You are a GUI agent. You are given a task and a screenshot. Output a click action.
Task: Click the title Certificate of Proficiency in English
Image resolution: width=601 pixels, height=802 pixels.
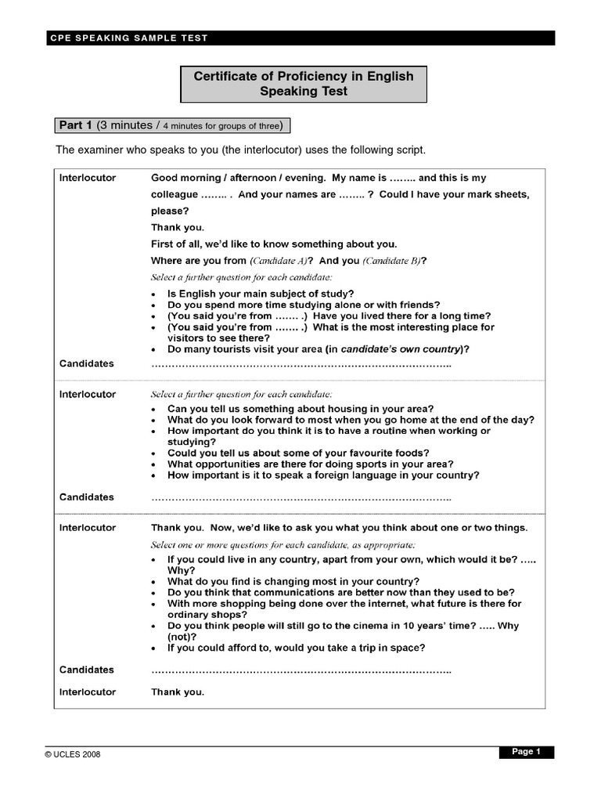[x=304, y=77]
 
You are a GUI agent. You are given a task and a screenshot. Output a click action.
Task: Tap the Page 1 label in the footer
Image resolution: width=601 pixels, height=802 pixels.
[x=526, y=752]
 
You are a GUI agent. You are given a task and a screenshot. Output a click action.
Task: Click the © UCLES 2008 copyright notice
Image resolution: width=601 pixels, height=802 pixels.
[x=73, y=754]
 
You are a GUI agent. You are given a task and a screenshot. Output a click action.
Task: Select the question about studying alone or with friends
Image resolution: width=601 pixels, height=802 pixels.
[x=304, y=305]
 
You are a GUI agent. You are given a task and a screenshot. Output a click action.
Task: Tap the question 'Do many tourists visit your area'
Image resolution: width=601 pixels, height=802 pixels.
[x=318, y=349]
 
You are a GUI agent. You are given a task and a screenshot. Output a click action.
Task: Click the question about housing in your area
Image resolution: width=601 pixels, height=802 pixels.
[x=300, y=409]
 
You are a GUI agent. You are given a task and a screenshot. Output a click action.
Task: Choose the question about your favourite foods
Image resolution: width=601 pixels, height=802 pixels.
[x=298, y=453]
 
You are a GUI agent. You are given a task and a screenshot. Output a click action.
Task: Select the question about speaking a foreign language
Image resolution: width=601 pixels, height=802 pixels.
[x=323, y=475]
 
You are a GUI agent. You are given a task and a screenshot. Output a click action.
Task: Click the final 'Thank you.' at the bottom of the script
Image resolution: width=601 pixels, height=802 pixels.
[x=178, y=692]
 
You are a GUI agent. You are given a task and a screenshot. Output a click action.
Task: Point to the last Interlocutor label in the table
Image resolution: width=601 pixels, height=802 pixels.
[x=88, y=692]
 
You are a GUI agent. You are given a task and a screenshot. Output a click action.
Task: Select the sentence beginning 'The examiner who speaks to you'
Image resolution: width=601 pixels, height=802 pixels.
[x=240, y=150]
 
